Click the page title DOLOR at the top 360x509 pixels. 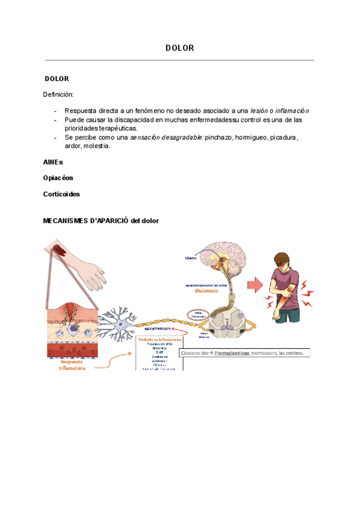179,48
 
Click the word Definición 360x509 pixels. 58,94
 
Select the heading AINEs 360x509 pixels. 53,162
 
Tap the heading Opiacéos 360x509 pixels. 58,178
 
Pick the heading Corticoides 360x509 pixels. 61,194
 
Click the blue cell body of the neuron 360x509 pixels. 124,325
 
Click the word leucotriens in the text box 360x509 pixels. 292,354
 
